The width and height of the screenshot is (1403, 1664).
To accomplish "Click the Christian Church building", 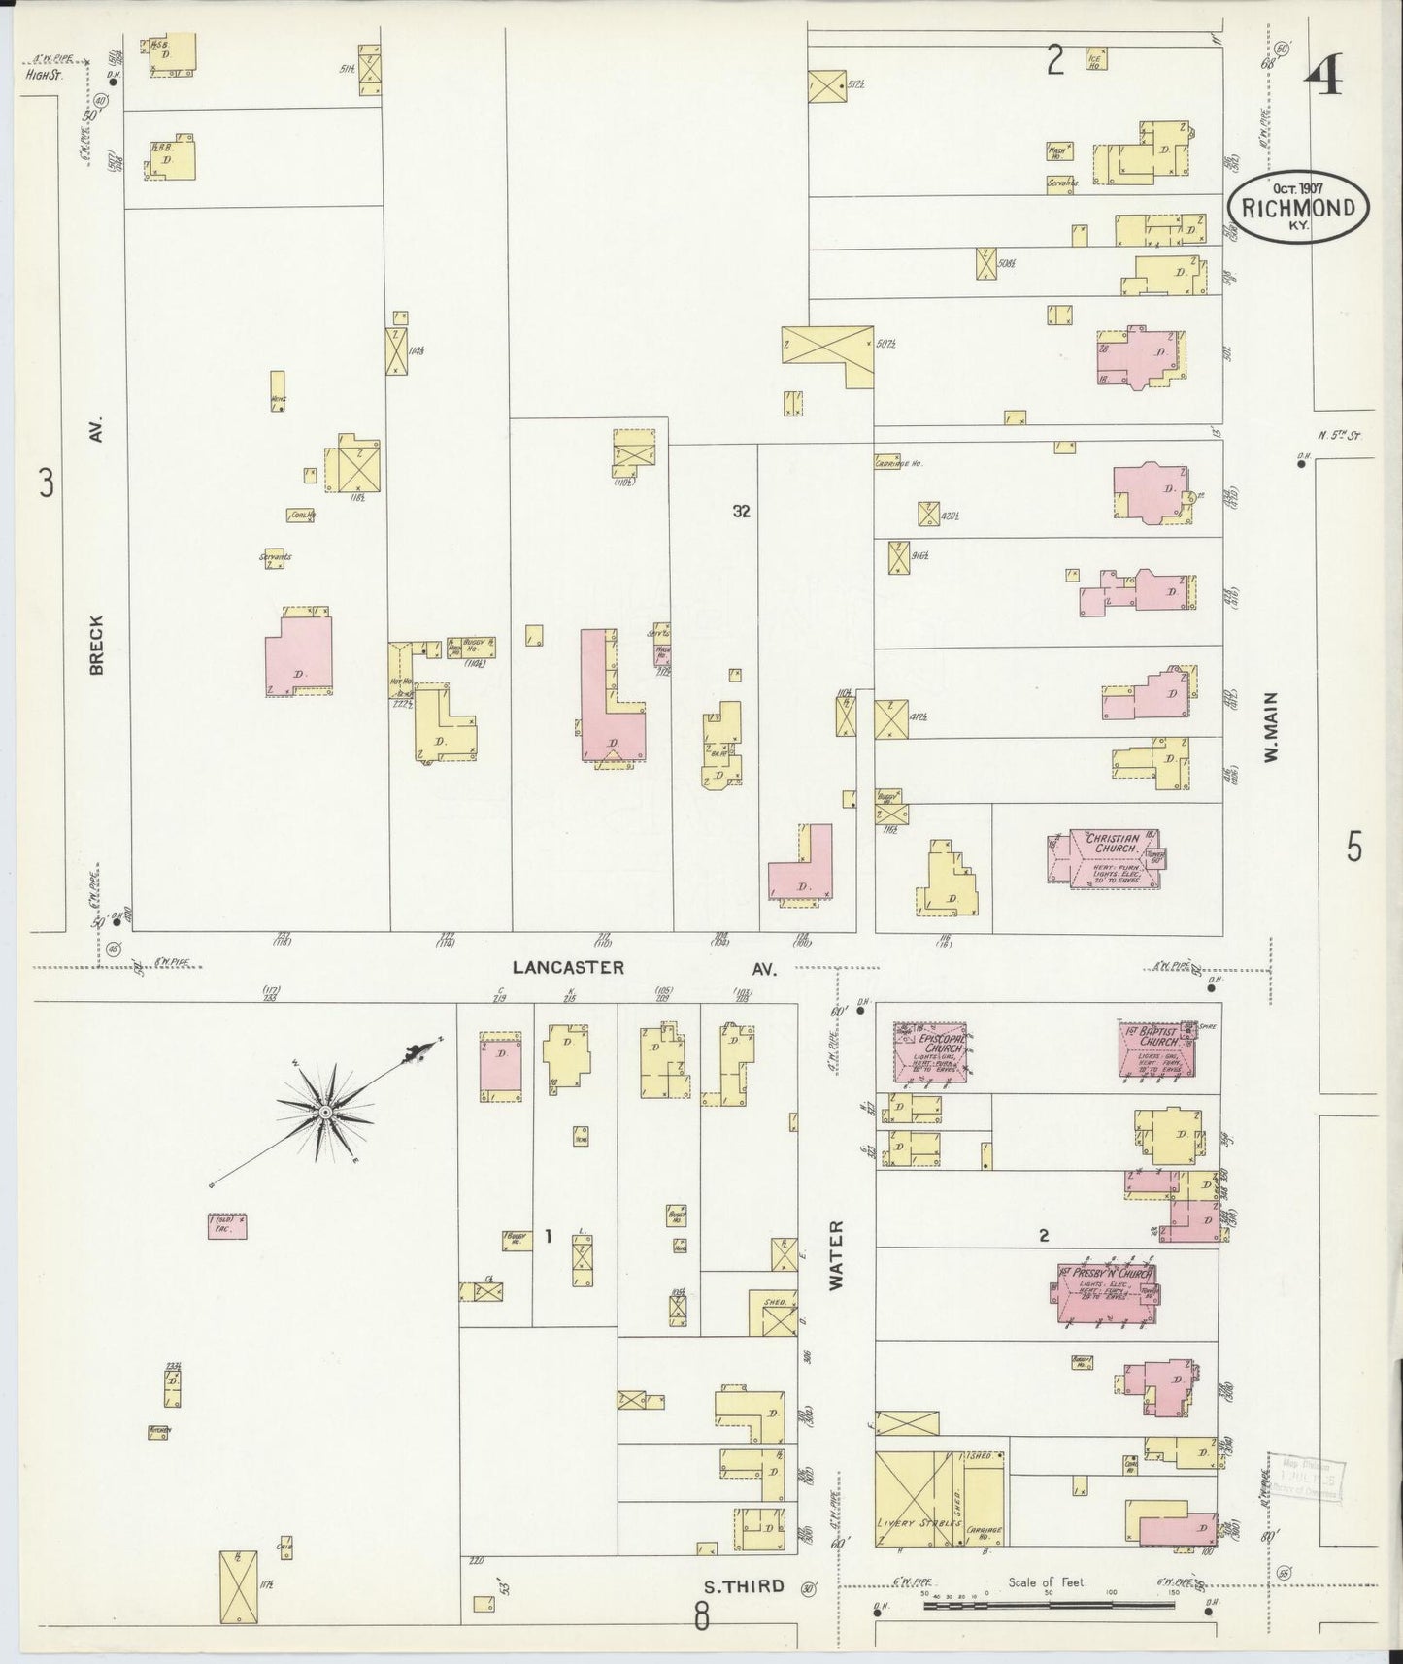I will coord(1108,857).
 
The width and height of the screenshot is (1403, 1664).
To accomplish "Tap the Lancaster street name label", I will coord(568,968).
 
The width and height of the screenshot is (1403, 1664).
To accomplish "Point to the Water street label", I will coord(837,1254).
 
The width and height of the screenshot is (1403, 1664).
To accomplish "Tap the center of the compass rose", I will coord(325,1111).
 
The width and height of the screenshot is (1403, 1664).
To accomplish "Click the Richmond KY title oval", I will coord(1297,207).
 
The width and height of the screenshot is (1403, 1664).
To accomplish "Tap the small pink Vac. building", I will coord(226,1227).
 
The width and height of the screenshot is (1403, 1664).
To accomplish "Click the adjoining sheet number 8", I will coord(701,1616).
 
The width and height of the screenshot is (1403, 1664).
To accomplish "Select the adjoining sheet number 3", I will coord(46,482).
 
